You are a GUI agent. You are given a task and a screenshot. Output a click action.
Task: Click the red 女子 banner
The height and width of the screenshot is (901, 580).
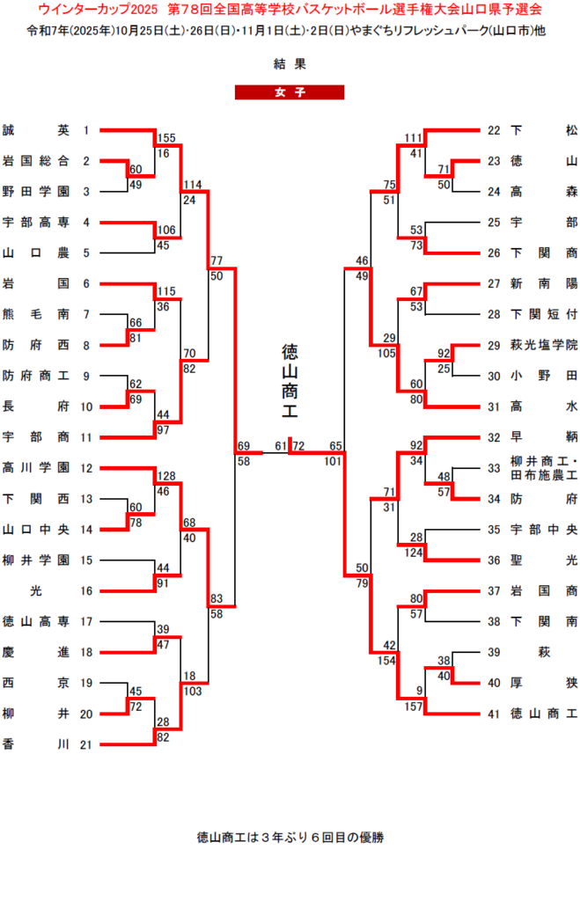pyautogui.click(x=289, y=92)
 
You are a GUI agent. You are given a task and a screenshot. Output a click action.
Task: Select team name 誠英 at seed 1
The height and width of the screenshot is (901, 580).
pyautogui.click(x=35, y=130)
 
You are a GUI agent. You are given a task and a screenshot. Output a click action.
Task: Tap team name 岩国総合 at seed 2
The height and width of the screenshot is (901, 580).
pyautogui.click(x=35, y=161)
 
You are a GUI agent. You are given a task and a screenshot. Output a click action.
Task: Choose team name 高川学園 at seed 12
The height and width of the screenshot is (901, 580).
pyautogui.click(x=35, y=468)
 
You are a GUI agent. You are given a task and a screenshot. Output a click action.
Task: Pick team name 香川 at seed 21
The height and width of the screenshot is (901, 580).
pyautogui.click(x=35, y=744)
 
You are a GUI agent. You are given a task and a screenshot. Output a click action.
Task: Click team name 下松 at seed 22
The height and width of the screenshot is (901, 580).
pyautogui.click(x=544, y=130)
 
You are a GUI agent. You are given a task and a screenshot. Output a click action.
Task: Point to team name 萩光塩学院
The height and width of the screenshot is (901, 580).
pyautogui.click(x=544, y=346)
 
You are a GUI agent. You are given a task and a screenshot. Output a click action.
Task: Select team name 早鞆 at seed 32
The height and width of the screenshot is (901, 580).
pyautogui.click(x=544, y=437)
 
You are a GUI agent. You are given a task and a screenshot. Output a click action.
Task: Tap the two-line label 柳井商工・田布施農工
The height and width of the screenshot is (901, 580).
pyautogui.click(x=544, y=468)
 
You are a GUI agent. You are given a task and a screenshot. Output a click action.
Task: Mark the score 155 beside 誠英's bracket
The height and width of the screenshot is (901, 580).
pyautogui.click(x=167, y=137)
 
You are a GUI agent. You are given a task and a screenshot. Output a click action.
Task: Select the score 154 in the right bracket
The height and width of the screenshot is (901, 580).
pyautogui.click(x=386, y=659)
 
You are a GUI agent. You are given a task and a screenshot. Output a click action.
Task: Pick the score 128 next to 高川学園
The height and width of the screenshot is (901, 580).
pyautogui.click(x=167, y=475)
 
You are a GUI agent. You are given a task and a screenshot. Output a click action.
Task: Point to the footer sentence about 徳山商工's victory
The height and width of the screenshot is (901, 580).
pyautogui.click(x=290, y=838)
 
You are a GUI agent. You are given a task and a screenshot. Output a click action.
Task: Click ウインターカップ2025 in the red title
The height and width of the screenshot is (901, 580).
pyautogui.click(x=98, y=9)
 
